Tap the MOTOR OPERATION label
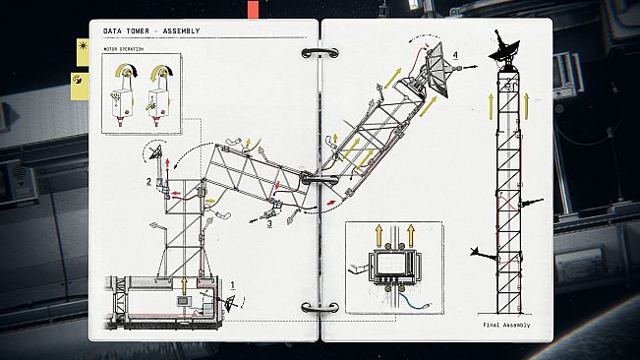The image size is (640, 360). tap(123, 49)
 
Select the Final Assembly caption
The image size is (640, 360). tap(506, 325)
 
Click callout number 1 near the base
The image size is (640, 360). tap(233, 285)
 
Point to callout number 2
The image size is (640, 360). tap(149, 181)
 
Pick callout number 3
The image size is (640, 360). tap(269, 223)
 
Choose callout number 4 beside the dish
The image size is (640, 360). tap(455, 55)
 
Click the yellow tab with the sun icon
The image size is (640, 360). tap(83, 52)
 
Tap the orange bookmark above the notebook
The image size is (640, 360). tap(253, 10)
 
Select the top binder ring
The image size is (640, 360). tap(320, 53)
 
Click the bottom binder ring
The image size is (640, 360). tap(320, 307)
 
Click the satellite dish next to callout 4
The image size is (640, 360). tap(437, 69)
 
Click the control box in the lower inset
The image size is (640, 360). tap(394, 267)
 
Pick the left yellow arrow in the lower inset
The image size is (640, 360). tap(378, 235)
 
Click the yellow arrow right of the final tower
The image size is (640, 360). tap(526, 106)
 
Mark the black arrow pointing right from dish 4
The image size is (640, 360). tap(469, 66)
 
